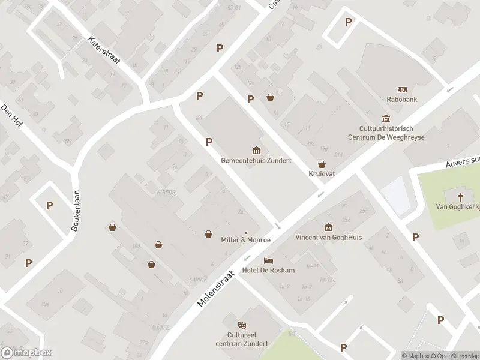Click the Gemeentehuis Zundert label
[256, 161]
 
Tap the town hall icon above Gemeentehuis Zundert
[256, 150]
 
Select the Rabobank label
[402, 100]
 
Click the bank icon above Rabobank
[402, 89]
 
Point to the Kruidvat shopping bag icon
[322, 164]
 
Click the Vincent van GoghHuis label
[328, 237]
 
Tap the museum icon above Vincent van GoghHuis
[328, 227]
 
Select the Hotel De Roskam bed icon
[268, 260]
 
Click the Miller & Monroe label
[246, 240]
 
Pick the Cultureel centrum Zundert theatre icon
[242, 325]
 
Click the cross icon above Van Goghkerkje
[461, 196]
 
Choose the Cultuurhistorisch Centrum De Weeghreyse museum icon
[386, 119]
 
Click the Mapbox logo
[26, 353]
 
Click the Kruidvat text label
[322, 174]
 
